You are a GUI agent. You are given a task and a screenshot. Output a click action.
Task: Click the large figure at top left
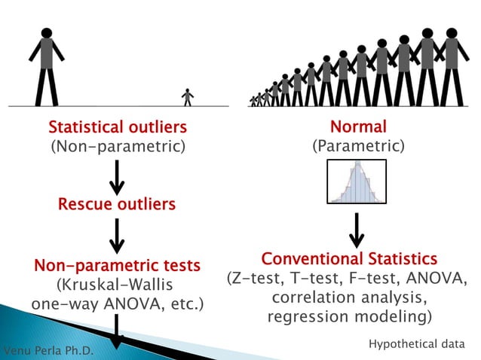(47, 68)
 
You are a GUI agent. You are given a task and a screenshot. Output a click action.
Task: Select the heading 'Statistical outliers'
(117, 127)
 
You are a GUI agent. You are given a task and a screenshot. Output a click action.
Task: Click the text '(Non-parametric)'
(117, 146)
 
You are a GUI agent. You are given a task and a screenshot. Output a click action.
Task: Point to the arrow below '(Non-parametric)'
(117, 177)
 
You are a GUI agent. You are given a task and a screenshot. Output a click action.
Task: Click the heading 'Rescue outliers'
(117, 204)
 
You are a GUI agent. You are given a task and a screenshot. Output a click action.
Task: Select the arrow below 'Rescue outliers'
(117, 236)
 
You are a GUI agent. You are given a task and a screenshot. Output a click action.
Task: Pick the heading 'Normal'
(358, 127)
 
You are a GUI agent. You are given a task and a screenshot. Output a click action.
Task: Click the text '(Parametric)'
(358, 146)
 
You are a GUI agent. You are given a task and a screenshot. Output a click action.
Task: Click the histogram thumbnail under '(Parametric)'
(357, 182)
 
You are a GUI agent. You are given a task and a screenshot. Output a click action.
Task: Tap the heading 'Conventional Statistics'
(348, 259)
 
